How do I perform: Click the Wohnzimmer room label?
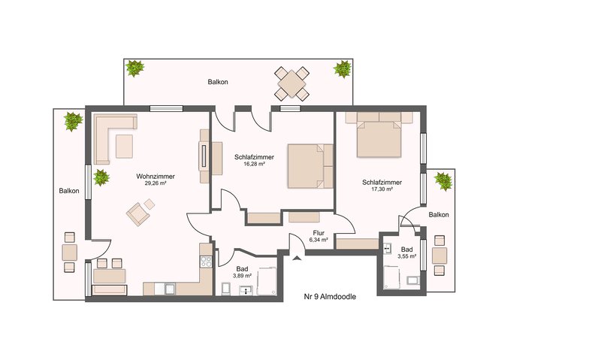[x=156, y=177]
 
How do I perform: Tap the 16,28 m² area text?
[x=255, y=164]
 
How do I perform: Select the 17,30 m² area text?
[x=382, y=189]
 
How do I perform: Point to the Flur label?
[x=319, y=233]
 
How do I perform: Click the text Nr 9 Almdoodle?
[x=330, y=296]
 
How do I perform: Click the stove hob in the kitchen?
[x=206, y=262]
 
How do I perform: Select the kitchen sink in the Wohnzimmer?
[x=170, y=289]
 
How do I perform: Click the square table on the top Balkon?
[x=291, y=83]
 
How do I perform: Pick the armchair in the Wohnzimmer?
[x=138, y=214]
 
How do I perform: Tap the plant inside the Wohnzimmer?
[x=101, y=177]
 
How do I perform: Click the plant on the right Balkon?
[x=443, y=181]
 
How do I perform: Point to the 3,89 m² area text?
[x=242, y=276]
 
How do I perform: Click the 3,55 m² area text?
[x=407, y=256]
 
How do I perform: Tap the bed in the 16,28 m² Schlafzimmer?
[x=310, y=166]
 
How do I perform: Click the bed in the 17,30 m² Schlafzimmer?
[x=379, y=139]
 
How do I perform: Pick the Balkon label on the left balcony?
[x=69, y=191]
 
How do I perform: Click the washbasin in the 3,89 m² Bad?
[x=246, y=291]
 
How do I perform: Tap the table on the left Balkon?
[x=69, y=253]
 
